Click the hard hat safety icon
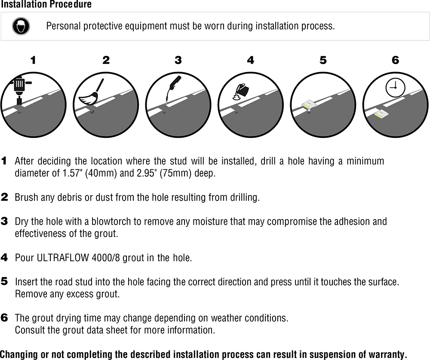(x=21, y=26)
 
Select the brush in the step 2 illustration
(x=91, y=93)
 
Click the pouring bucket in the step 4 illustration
(x=241, y=92)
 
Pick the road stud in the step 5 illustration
(x=309, y=105)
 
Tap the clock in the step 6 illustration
(x=395, y=88)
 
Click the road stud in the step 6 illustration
(x=381, y=114)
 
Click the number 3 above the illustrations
(x=178, y=60)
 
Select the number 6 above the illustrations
(x=395, y=60)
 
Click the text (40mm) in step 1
(x=101, y=173)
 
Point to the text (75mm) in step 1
(x=175, y=173)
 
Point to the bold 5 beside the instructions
(x=4, y=281)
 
